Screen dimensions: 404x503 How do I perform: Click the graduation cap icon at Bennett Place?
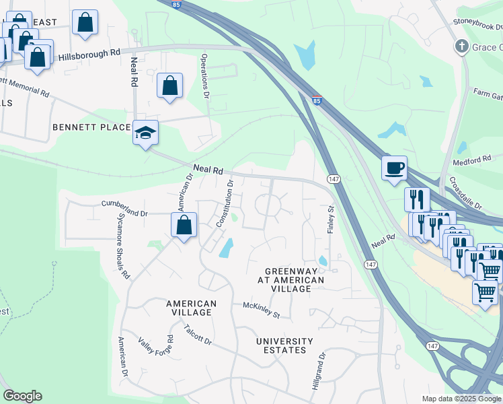[x=145, y=133]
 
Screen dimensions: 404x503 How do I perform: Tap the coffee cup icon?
[x=394, y=168]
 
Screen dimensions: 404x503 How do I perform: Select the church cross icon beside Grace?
[x=461, y=46]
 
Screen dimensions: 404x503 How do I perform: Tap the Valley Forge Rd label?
[x=157, y=349]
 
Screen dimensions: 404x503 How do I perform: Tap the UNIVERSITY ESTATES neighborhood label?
[x=284, y=345]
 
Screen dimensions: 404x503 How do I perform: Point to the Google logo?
[x=22, y=396]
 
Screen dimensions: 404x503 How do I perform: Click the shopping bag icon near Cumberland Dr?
[x=184, y=226]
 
